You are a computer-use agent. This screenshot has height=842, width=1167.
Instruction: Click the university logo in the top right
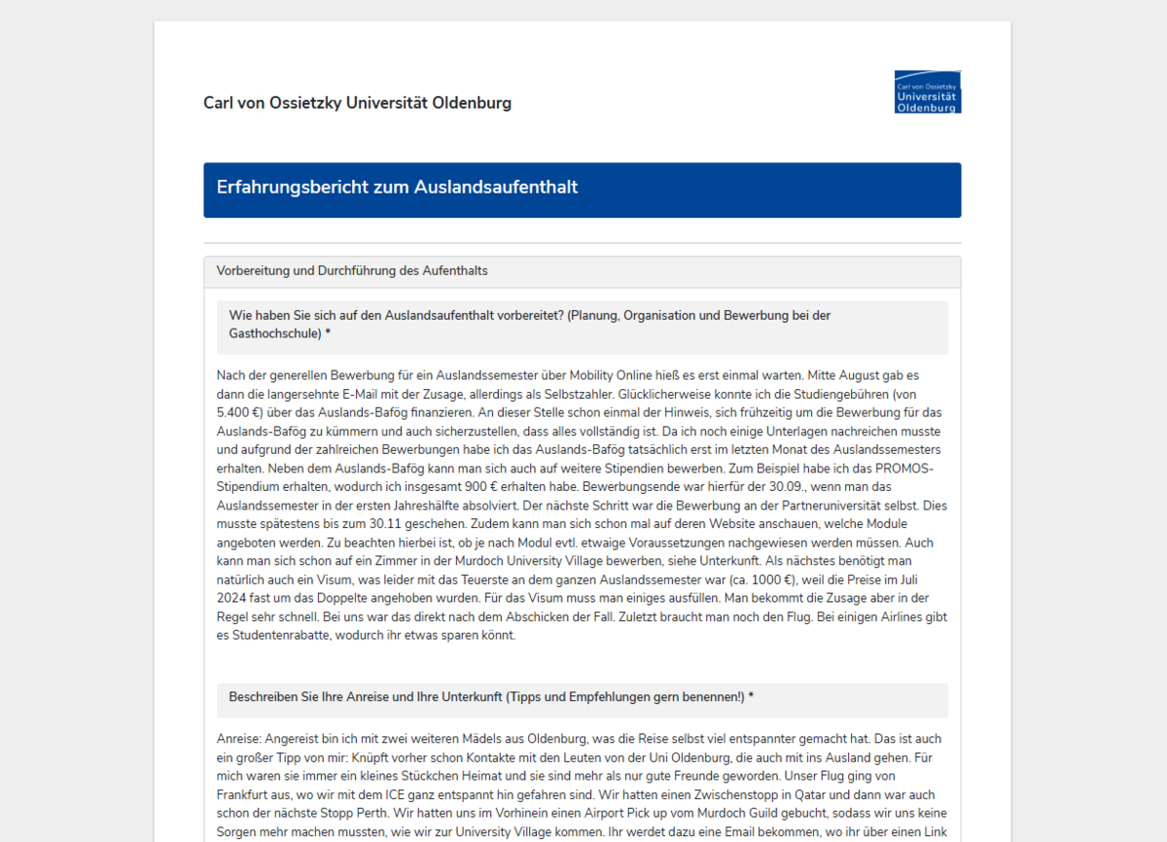[x=927, y=91]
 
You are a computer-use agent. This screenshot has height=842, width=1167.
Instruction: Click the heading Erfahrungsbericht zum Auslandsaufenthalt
[x=397, y=187]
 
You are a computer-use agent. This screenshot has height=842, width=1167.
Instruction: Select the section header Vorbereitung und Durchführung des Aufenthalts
[x=352, y=270]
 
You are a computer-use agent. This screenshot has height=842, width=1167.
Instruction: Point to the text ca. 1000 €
[x=755, y=579]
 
